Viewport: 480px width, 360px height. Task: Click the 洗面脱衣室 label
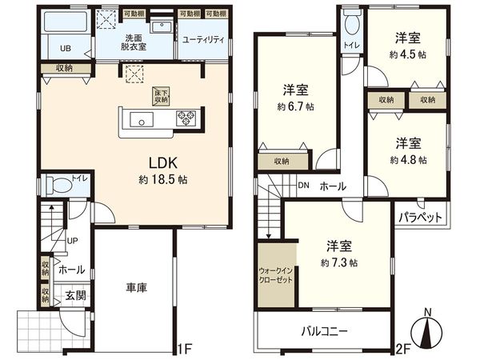[x=133, y=42]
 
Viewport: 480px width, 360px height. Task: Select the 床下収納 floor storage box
[x=161, y=95]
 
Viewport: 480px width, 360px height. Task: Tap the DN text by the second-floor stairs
[x=304, y=186]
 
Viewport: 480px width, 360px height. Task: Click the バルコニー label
[x=324, y=329]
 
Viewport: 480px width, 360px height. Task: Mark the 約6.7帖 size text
[x=295, y=106]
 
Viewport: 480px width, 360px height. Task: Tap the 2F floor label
[x=403, y=349]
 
